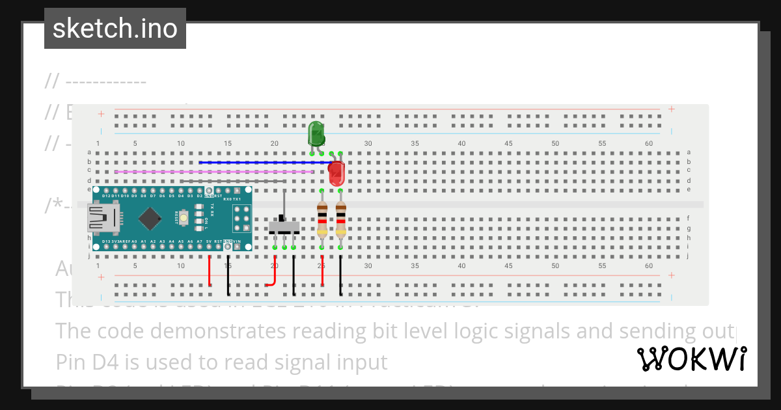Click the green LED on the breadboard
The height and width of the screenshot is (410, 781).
tap(316, 134)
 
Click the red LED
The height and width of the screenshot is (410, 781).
tap(336, 174)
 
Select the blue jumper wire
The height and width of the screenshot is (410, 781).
tap(260, 162)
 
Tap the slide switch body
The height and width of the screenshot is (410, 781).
tap(284, 227)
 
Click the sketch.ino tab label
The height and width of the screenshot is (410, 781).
tap(115, 29)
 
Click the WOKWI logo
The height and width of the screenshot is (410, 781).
tap(691, 359)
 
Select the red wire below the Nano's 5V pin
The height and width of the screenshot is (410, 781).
tap(209, 270)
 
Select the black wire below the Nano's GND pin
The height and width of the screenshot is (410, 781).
tap(228, 273)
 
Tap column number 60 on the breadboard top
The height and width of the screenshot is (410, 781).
tap(648, 143)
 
